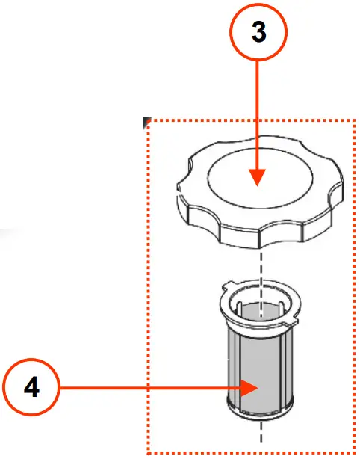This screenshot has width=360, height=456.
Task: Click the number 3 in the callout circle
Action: [257, 34]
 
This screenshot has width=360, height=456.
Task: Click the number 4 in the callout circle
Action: [31, 387]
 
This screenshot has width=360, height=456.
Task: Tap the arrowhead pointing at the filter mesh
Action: [250, 388]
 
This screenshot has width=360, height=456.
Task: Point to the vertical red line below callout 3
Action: [257, 112]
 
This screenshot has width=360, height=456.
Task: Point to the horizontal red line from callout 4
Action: [149, 388]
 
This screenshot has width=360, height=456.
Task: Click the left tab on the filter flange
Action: [227, 286]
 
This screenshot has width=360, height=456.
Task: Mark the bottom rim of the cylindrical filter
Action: [261, 412]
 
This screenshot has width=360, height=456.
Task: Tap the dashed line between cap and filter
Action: [260, 265]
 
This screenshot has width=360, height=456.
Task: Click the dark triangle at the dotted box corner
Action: [147, 120]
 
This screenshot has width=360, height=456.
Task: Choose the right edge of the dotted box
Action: [353, 284]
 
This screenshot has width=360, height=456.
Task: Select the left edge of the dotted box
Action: [148, 284]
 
